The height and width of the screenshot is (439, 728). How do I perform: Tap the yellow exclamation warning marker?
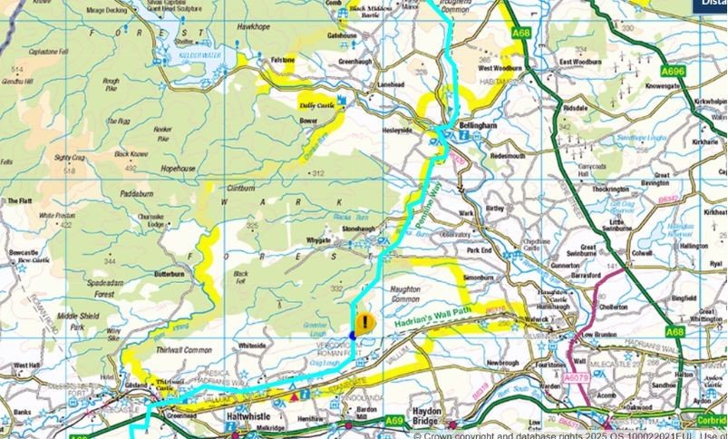point(364,323)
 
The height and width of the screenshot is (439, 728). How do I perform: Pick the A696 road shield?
point(674,70)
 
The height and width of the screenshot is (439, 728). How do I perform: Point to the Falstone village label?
point(284,60)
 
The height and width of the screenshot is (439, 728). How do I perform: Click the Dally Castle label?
point(316,105)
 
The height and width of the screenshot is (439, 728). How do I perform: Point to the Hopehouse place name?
point(178,169)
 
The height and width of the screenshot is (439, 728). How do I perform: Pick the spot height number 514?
point(16,70)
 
